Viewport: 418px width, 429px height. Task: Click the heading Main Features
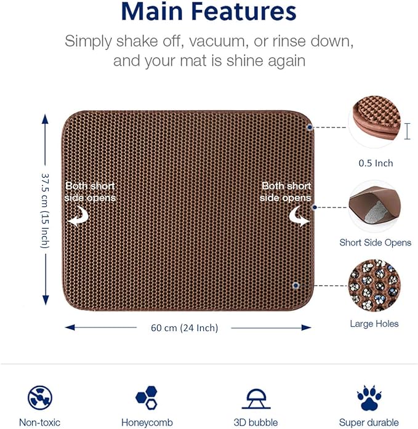[x=209, y=12]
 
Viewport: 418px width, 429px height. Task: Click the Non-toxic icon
[x=40, y=397]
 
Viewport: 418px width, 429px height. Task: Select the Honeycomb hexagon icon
[x=146, y=397]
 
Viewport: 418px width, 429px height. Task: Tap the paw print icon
[x=369, y=397]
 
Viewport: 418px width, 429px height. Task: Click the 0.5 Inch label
[x=376, y=163]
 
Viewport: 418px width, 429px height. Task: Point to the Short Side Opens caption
[x=375, y=243]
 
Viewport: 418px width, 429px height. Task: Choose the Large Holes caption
[x=374, y=324]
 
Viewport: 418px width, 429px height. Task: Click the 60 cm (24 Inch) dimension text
[x=184, y=328]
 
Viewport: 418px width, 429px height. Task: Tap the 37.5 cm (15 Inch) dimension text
[x=45, y=209]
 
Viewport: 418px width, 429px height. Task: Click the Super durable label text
[x=369, y=423]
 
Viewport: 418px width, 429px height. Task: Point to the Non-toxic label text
[x=40, y=423]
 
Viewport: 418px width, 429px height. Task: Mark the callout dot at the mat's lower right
[x=296, y=286]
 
